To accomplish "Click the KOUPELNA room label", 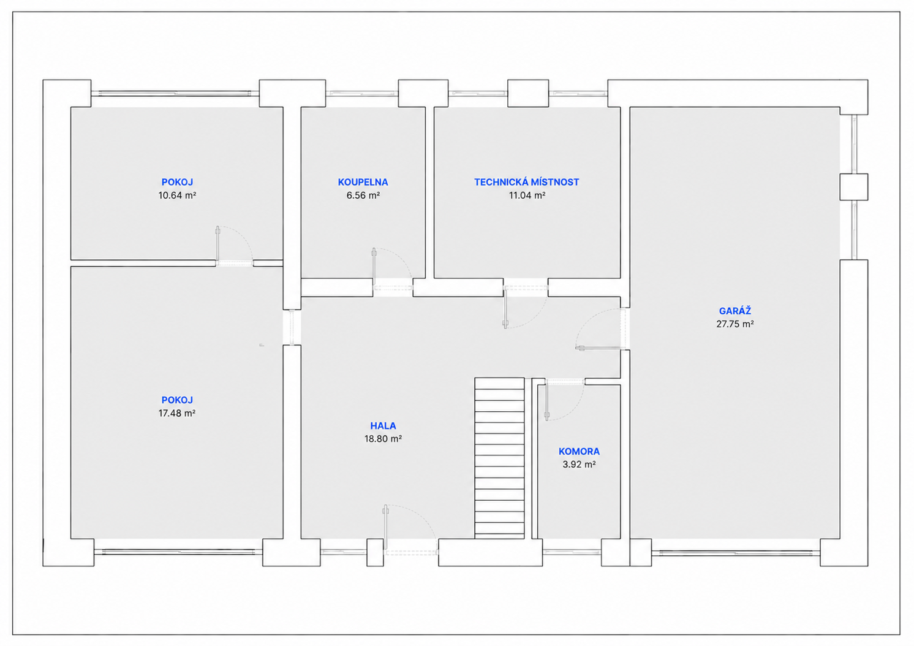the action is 363,182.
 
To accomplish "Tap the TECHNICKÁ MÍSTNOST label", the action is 526,182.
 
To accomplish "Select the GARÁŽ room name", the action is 735,311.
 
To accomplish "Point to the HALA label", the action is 383,426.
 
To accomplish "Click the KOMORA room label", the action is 579,452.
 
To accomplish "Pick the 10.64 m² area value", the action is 177,195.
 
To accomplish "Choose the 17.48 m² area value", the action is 176,413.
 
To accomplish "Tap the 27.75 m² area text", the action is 735,324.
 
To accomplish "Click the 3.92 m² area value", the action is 579,465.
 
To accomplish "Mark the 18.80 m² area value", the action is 383,439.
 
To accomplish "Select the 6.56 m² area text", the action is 363,195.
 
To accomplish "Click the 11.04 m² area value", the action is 527,195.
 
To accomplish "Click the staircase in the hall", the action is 499,458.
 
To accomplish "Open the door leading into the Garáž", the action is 600,329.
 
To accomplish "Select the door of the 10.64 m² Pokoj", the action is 234,246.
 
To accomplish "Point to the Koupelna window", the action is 362,94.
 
